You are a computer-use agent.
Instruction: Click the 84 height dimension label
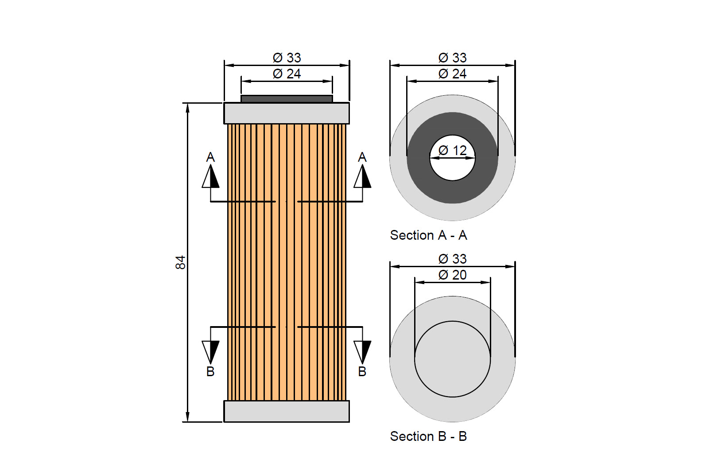180,262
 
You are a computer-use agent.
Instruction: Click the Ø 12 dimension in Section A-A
452,151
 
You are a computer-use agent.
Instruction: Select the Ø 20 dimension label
452,275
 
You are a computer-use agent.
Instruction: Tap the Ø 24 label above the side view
287,74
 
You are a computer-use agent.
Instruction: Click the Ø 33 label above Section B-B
452,259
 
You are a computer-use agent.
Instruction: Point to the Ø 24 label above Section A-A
452,74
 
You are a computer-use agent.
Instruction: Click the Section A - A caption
428,235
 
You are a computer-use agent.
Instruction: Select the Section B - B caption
428,436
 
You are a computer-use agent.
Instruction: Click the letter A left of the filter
210,157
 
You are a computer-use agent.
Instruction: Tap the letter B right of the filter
362,372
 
